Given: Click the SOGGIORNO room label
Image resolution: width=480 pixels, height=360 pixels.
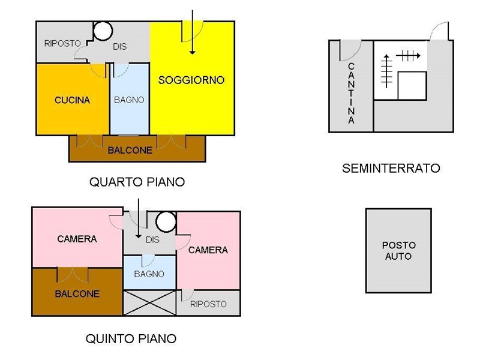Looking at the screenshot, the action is tap(191, 80).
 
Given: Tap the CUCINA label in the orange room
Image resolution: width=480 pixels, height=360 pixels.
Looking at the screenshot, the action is tap(72, 100).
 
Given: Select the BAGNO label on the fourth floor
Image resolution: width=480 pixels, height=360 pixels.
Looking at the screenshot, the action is tap(129, 100).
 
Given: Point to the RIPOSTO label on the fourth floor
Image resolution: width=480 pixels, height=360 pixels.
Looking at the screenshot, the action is tap(62, 43).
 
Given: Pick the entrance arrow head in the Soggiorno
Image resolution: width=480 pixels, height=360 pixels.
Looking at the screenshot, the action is tap(192, 52).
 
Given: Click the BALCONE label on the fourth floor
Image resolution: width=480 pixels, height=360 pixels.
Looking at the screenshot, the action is tap(130, 151).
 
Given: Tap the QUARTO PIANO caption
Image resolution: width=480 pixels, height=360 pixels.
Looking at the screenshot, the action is tap(137, 182).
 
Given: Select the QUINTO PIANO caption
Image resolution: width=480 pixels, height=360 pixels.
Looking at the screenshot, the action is tap(131, 338).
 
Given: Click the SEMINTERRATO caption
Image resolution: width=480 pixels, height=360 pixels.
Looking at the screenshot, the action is tap(391, 169).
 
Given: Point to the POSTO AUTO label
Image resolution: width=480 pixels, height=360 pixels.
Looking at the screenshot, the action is tap(398, 251).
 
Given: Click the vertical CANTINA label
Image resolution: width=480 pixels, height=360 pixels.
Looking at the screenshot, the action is tap(351, 93).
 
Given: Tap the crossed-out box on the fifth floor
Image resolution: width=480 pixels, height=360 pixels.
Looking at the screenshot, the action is tap(149, 303).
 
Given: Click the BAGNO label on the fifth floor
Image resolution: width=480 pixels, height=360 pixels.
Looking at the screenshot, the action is tap(149, 274).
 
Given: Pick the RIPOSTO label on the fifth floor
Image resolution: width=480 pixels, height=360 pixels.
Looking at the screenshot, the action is tap(208, 304).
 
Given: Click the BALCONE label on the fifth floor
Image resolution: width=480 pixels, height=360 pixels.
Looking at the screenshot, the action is tap(77, 294).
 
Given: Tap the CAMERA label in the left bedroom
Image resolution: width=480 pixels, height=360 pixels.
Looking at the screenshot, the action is tap(77, 239).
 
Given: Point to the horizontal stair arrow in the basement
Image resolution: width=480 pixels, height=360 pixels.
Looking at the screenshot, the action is tap(408, 56).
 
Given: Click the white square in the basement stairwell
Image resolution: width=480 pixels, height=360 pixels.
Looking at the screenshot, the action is tap(412, 86).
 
